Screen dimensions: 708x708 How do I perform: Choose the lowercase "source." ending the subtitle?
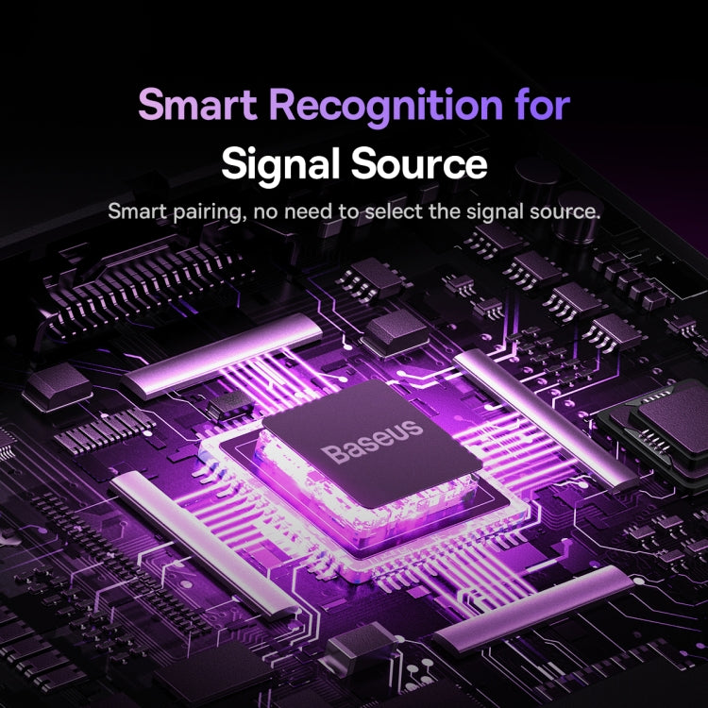click(566, 211)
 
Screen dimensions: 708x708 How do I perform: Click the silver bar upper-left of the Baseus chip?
click(225, 354)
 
